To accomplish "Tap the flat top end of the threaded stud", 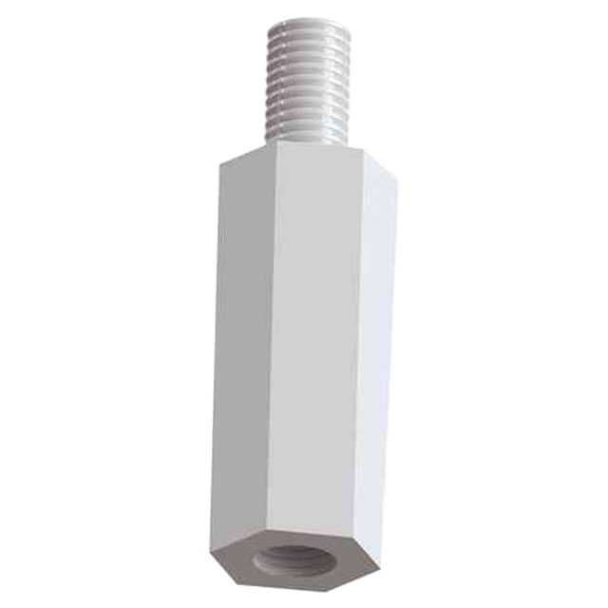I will coord(310,19).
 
